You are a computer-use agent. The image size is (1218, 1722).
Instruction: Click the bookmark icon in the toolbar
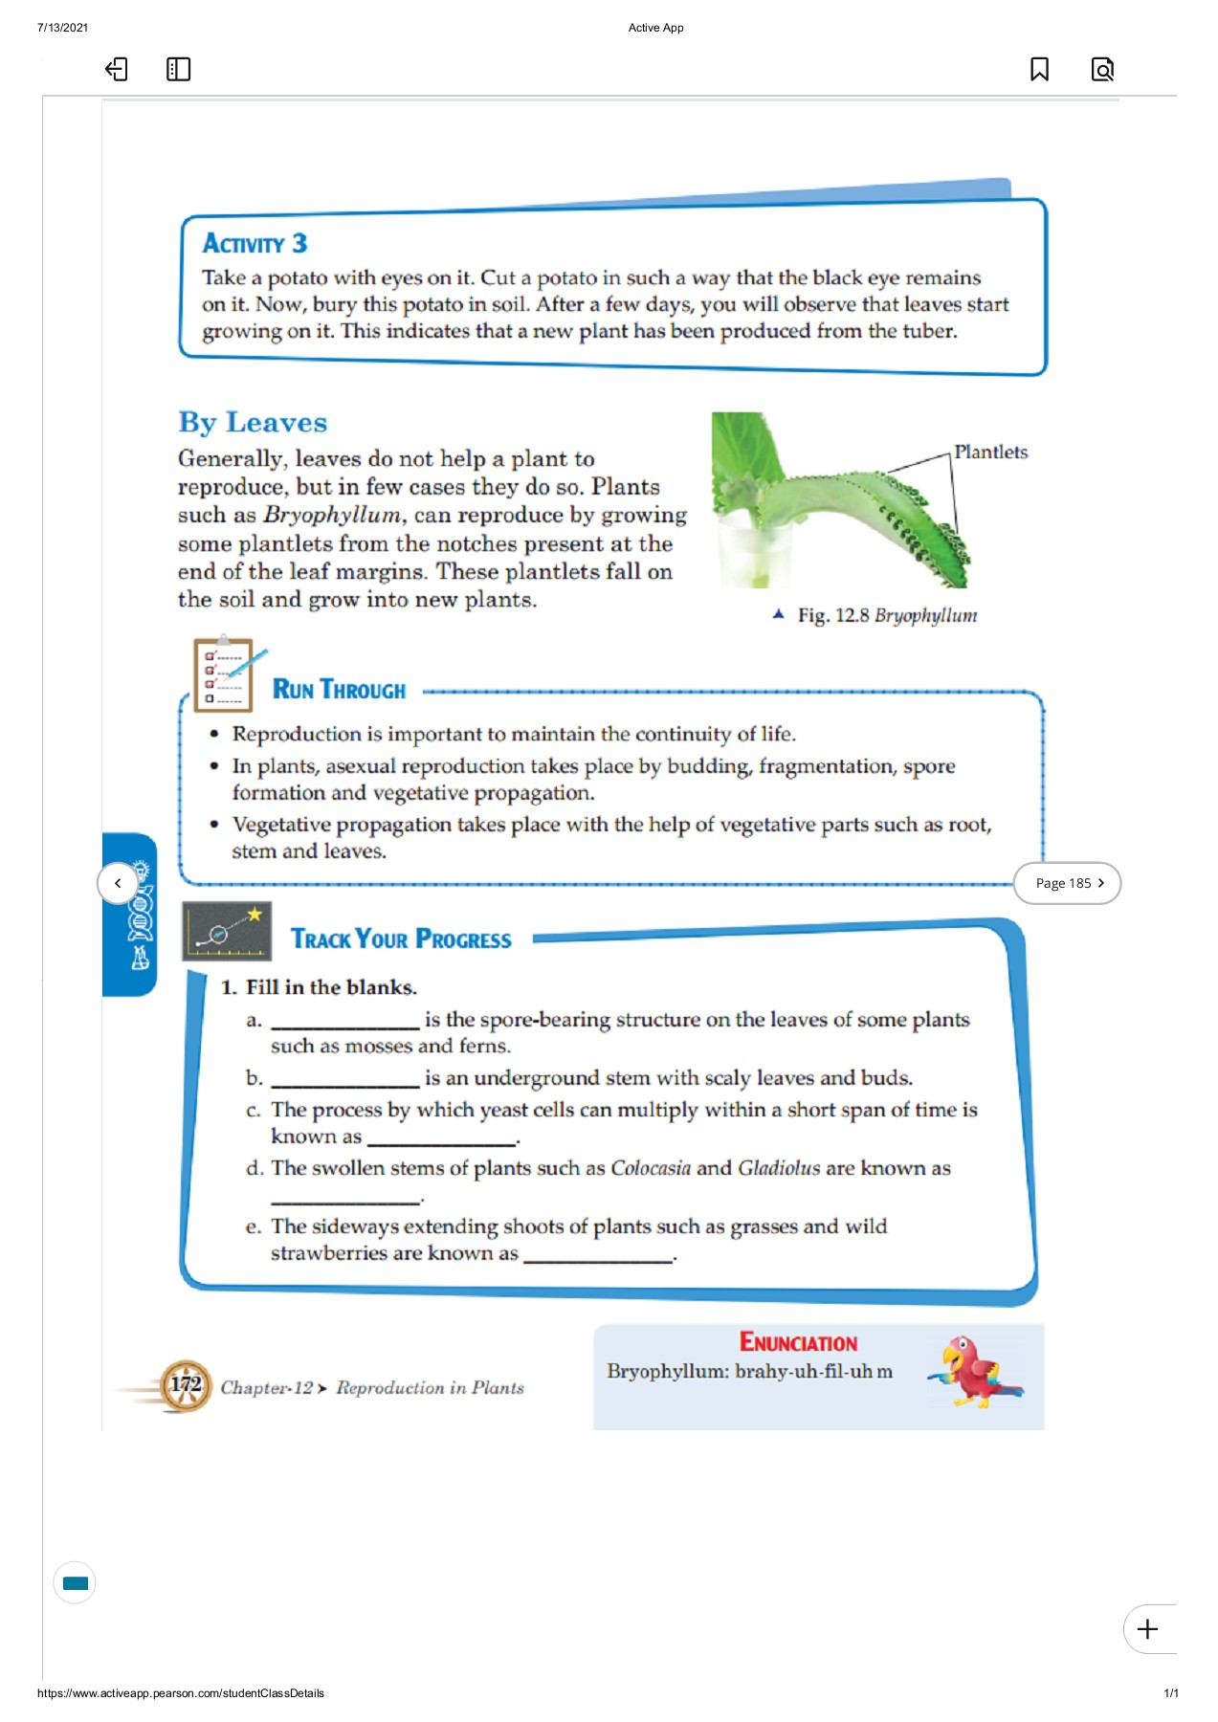[1039, 69]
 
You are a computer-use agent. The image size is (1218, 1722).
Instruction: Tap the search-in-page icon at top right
[1102, 69]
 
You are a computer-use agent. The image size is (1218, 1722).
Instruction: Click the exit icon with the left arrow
[116, 69]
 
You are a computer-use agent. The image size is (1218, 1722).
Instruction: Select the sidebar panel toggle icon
[178, 69]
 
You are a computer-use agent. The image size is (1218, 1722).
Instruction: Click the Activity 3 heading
[255, 243]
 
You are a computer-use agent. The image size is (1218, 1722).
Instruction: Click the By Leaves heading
[253, 422]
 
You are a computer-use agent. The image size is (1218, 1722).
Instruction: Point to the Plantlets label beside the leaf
[990, 452]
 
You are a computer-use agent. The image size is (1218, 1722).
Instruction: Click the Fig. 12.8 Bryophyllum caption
[886, 615]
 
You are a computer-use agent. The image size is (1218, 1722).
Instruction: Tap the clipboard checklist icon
[224, 674]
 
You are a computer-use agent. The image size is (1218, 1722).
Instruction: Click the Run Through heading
[339, 690]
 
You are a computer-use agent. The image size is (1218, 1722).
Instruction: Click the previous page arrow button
[118, 883]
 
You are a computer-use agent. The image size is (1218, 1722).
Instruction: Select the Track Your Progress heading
[401, 938]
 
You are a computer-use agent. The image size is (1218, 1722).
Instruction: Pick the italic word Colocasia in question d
[651, 1168]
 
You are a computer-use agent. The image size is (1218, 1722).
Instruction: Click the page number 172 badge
[186, 1385]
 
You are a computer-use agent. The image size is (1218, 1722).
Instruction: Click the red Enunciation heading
[798, 1342]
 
